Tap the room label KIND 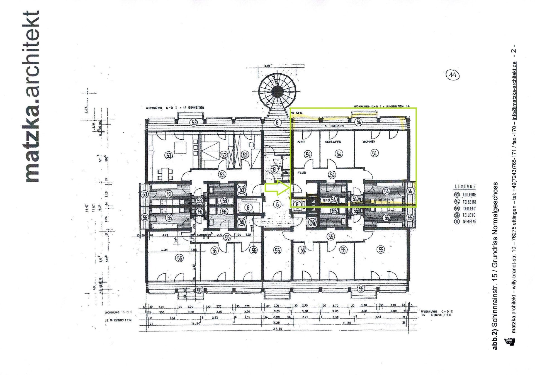301,142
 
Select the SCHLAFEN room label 333,142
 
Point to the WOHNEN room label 369,142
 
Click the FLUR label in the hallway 302,173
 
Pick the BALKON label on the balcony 337,126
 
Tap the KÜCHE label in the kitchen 381,200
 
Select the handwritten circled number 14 452,75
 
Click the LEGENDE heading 465,186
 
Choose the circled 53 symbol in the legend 457,195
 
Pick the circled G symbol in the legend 457,222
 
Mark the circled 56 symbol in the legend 457,215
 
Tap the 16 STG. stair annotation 297,113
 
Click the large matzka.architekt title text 32,96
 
